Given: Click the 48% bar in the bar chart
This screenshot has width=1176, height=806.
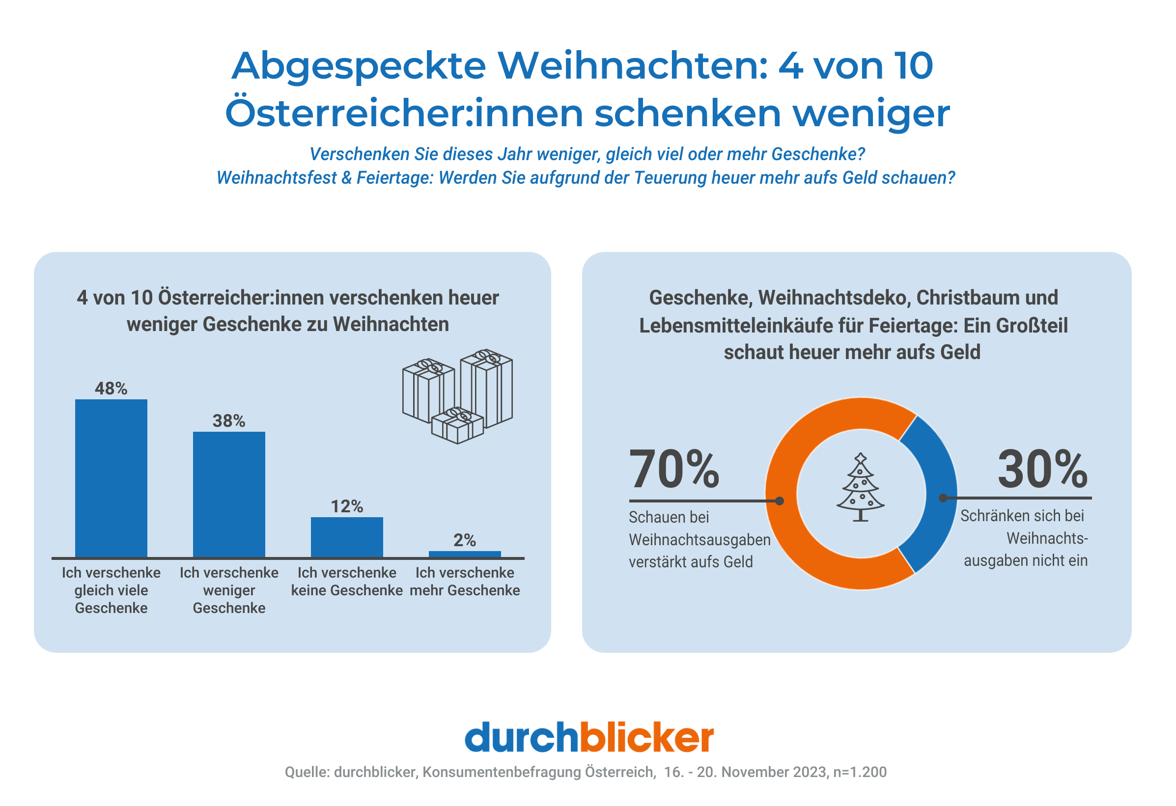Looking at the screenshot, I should click(111, 477).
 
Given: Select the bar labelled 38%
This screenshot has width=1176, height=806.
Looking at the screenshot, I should click(229, 494).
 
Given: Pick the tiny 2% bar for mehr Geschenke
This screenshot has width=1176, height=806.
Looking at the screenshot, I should click(465, 554).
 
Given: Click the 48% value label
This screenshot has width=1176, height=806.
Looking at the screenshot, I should click(111, 388).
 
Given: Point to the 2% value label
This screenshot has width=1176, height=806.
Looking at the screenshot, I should click(465, 540).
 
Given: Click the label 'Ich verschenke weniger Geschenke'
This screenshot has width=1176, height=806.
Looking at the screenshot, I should click(229, 590).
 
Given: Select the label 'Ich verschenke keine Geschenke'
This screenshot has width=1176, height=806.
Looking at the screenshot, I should click(347, 582).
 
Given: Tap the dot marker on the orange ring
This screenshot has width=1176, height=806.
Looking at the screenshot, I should click(780, 501).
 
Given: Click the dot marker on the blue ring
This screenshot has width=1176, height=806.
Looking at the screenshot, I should click(943, 499).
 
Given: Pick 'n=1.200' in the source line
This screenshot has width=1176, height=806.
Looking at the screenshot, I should click(860, 772).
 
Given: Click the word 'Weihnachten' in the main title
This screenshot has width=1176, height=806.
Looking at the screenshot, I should click(633, 66).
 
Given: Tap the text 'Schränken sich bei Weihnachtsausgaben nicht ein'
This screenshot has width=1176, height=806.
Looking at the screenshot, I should click(1024, 538).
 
